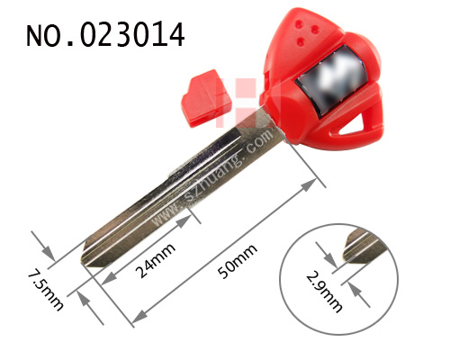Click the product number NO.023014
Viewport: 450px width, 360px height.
click(105, 35)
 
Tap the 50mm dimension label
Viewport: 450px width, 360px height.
click(238, 261)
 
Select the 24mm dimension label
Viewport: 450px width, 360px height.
click(155, 260)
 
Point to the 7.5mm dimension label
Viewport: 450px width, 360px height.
click(45, 291)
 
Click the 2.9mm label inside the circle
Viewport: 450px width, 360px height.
click(324, 292)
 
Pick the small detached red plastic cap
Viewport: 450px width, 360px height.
click(206, 98)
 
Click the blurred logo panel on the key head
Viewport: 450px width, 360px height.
click(331, 81)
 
